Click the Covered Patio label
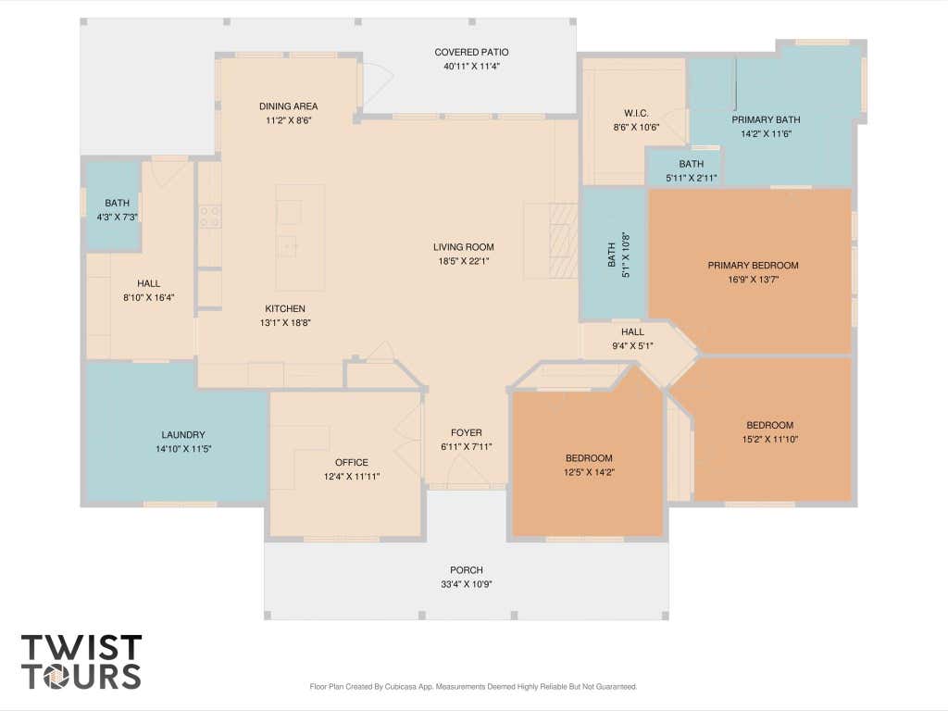tap(471, 53)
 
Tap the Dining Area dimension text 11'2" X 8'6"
tap(289, 120)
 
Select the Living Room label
tap(464, 246)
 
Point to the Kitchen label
tap(285, 308)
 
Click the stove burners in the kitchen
tap(210, 217)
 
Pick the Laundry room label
tap(183, 435)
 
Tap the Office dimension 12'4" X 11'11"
tap(351, 477)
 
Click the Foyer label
tap(467, 432)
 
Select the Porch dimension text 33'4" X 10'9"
tap(467, 585)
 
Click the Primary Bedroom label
tap(754, 265)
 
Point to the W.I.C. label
tap(636, 113)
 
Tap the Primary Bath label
tap(766, 119)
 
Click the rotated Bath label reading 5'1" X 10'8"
tap(618, 256)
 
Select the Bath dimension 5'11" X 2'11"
tap(691, 179)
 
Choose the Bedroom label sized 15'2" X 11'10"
tap(769, 425)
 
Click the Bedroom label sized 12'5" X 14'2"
tap(589, 457)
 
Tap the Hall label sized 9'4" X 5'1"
tap(632, 332)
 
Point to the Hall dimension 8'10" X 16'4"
tap(149, 297)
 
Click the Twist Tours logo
tap(81, 662)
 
